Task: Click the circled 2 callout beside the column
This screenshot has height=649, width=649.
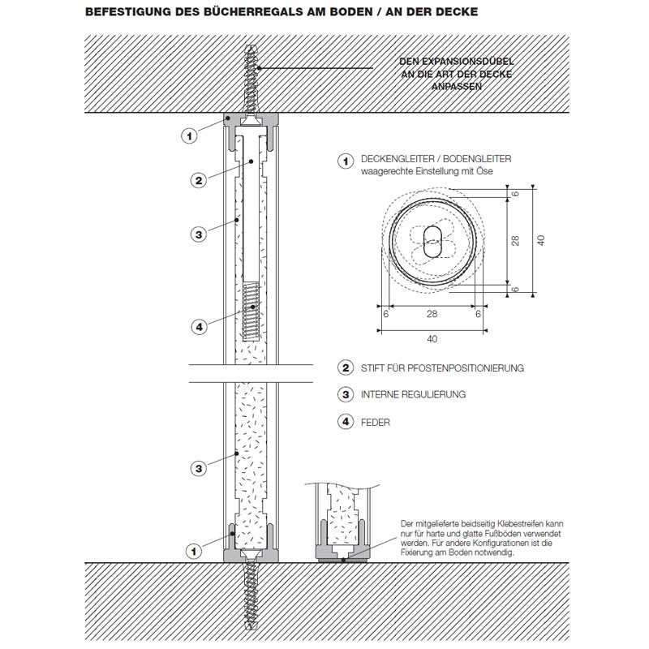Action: (x=199, y=180)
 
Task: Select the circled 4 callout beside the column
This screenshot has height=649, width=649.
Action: (x=199, y=327)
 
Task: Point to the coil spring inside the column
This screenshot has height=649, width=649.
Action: (x=251, y=312)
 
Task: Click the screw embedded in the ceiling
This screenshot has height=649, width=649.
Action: (x=251, y=80)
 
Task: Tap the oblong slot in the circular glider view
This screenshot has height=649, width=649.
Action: (x=432, y=242)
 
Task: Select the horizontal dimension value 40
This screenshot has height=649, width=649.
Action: (x=432, y=339)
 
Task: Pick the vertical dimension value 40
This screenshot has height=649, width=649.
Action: (x=540, y=240)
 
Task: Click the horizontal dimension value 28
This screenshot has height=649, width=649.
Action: (x=432, y=314)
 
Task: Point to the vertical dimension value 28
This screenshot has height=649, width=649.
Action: (x=515, y=241)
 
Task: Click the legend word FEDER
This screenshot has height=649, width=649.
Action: (x=376, y=423)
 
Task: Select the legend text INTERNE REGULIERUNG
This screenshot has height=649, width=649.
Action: (x=413, y=394)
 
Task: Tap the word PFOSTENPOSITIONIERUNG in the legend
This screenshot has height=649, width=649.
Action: (x=466, y=368)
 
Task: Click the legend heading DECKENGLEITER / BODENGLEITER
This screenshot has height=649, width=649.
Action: (x=436, y=159)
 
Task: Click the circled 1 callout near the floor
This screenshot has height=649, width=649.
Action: (x=194, y=552)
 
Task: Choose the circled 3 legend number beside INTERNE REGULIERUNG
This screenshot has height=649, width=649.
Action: (x=346, y=394)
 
